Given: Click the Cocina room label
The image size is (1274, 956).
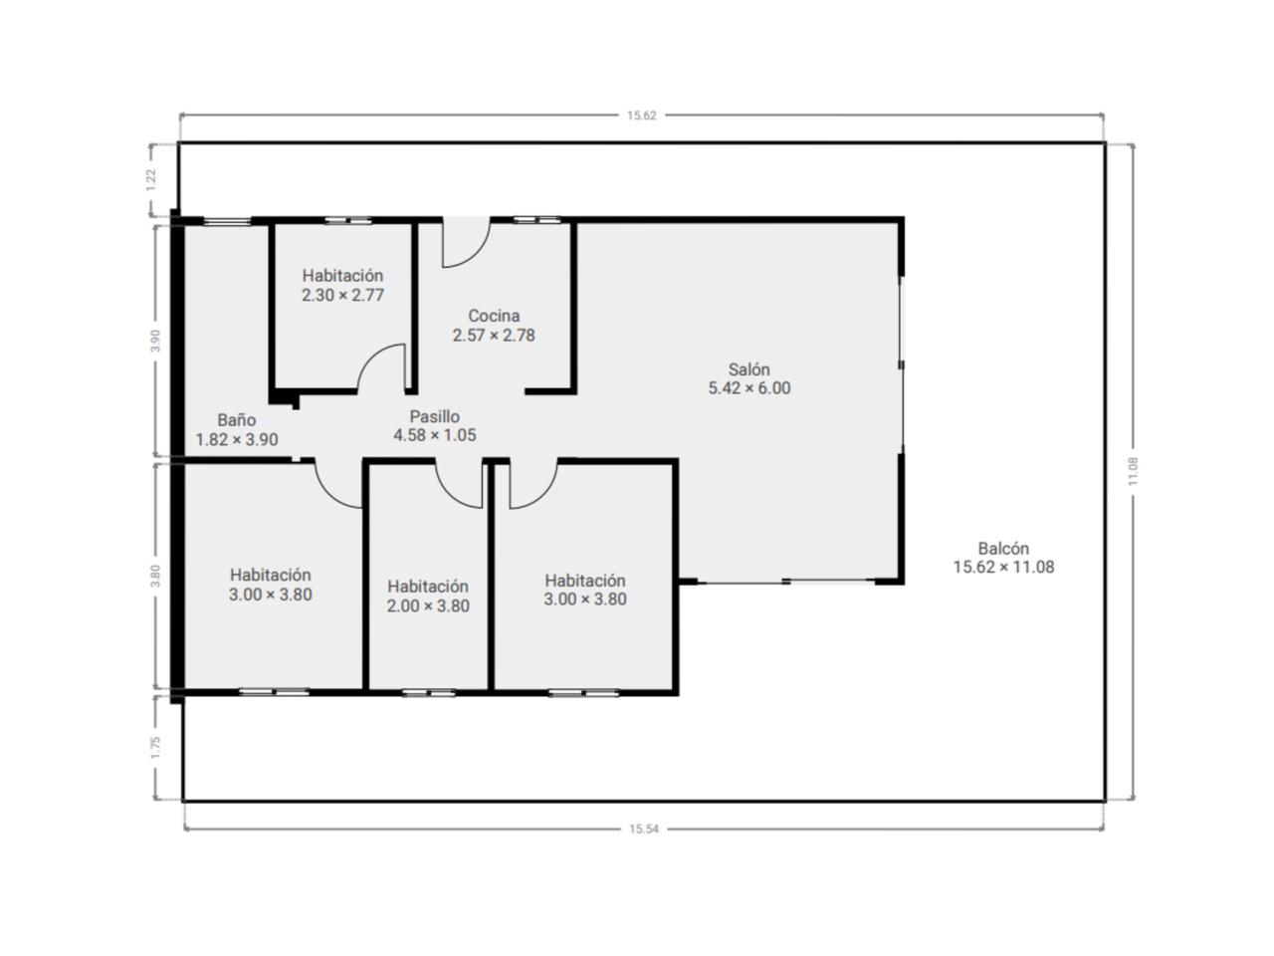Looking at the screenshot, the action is tap(494, 316).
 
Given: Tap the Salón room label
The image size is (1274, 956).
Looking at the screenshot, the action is tap(748, 369).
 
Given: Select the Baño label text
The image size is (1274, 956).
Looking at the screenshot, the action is tap(236, 419).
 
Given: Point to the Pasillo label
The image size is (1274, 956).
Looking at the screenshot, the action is tap(435, 416).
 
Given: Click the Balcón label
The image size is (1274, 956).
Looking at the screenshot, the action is tap(1003, 548).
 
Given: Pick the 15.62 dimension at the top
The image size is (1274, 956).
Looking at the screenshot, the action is tap(641, 116).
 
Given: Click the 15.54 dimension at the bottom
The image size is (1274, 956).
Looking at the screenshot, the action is tap(644, 829).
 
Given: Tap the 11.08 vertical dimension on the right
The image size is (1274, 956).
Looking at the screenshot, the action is tap(1133, 471).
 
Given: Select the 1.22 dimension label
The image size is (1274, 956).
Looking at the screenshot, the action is tap(151, 180).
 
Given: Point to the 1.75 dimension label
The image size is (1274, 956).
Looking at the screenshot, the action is tap(155, 748).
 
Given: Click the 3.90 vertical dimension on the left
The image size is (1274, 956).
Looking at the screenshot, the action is tap(155, 341).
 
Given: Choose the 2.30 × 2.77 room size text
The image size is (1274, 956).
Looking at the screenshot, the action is tap(342, 296).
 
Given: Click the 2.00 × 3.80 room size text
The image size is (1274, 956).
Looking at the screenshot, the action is tap(428, 606).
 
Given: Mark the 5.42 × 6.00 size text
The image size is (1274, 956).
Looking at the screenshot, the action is tap(749, 387).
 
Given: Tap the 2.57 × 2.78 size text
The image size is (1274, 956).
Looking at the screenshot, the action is tap(494, 336).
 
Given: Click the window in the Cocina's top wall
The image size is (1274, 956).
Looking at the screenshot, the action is tap(536, 220).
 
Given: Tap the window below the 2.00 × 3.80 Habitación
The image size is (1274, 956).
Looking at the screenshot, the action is tap(429, 692).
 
